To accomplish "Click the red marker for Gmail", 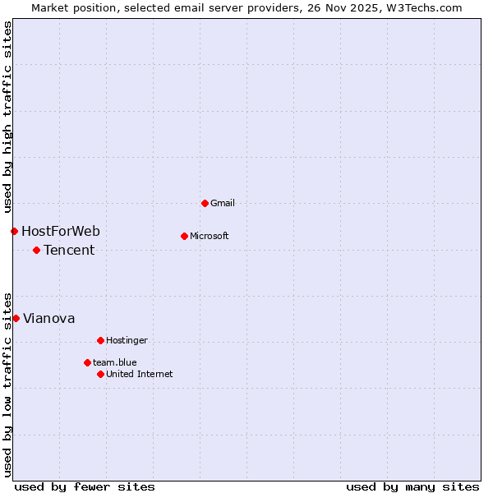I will point(205,203).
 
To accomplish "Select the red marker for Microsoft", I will point(184,236).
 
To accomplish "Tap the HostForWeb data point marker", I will point(14,231).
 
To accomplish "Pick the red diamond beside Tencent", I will point(36,250).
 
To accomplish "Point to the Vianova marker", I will point(16,318).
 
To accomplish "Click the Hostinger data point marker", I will point(100,340).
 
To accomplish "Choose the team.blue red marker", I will point(87,362).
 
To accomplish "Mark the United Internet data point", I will point(100,374).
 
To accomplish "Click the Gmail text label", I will point(223,203).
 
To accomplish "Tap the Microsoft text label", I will point(210,236).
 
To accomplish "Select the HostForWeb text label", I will point(61,231).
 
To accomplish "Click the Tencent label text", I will point(69,250).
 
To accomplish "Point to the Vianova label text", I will point(49,318).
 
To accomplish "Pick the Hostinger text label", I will point(127,340).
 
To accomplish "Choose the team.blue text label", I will point(115,362).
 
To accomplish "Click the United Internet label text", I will point(140,374).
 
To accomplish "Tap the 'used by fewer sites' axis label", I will point(85,486).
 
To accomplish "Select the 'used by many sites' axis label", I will point(412,486).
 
